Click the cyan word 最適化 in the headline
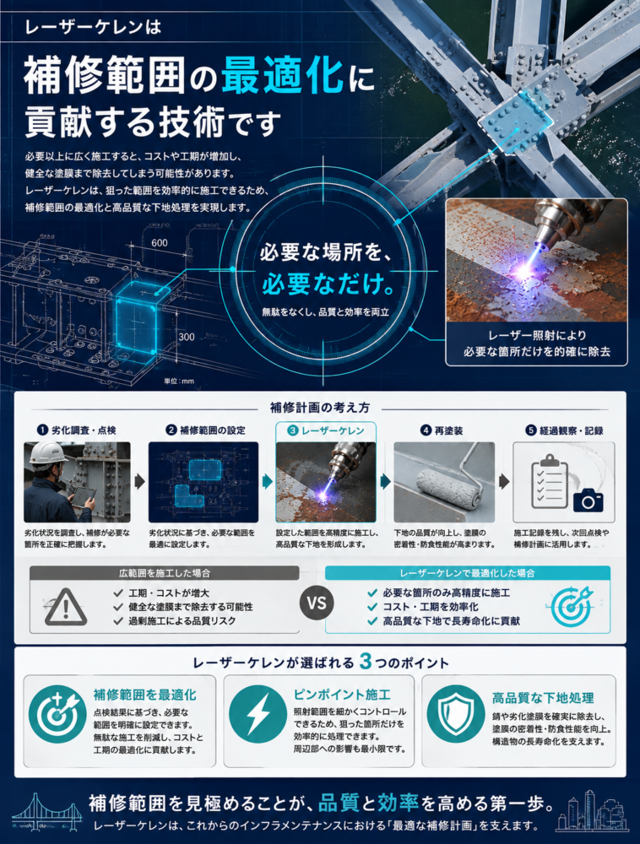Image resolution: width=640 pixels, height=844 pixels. coord(282,76)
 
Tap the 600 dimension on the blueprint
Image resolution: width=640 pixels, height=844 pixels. coord(160,243)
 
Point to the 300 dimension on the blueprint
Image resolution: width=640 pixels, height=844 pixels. coord(187,337)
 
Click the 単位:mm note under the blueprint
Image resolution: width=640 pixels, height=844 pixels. coord(179,381)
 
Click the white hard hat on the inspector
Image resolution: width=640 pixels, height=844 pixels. coord(46,453)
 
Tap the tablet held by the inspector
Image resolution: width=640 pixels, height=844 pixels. coord(84,497)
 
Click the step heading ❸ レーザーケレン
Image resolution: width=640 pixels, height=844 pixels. coord(326,430)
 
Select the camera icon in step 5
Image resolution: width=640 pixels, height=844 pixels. coord(588,500)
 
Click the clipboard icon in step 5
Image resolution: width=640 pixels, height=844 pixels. coord(550,482)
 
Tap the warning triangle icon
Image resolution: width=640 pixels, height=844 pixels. coord(66,607)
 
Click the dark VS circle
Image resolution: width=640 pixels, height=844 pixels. coord(317,603)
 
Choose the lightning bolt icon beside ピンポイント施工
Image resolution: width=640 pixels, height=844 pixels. coord(258,714)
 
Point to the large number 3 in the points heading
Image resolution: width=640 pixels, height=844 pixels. coord(366,662)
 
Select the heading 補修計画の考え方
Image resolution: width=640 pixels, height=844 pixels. coord(320,408)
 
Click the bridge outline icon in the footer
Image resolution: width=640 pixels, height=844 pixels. coord(47,812)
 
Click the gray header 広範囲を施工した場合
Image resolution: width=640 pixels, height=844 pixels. coord(165,573)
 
